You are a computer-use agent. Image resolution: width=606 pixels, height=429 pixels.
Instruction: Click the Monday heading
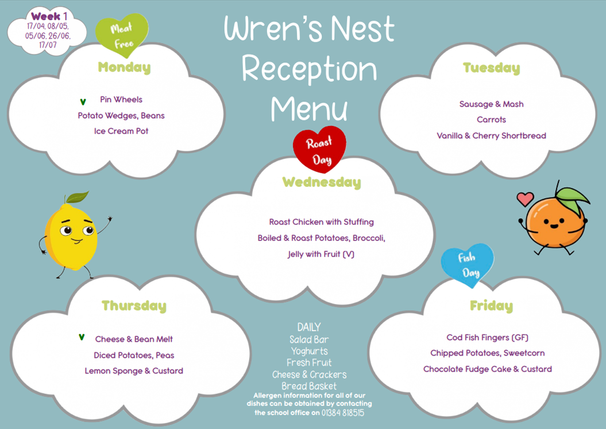pos(124,68)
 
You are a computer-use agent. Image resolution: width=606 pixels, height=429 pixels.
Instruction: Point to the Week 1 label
pos(49,16)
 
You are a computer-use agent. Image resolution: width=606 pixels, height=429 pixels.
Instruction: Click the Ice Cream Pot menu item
pos(121,131)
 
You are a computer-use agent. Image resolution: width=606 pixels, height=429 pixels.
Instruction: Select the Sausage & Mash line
pos(491,104)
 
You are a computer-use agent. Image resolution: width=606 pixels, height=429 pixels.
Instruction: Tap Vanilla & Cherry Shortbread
pos(491,136)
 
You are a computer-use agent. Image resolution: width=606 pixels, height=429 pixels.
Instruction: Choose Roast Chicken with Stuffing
pos(322,222)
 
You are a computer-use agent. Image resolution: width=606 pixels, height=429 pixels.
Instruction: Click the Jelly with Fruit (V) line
pos(321,254)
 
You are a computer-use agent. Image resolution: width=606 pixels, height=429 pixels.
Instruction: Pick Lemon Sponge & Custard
pos(134,371)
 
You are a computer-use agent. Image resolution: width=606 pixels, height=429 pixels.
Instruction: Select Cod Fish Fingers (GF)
pos(487,338)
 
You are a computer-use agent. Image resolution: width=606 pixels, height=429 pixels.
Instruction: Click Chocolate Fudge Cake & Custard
pos(487,369)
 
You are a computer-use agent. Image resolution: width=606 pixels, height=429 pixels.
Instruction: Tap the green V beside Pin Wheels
pos(83,102)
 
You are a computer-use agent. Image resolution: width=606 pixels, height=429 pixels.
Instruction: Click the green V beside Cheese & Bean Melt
pos(82,337)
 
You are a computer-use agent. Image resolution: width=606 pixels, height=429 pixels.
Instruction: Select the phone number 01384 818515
pos(343,413)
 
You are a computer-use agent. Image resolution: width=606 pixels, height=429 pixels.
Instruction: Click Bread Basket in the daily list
pos(309,386)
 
